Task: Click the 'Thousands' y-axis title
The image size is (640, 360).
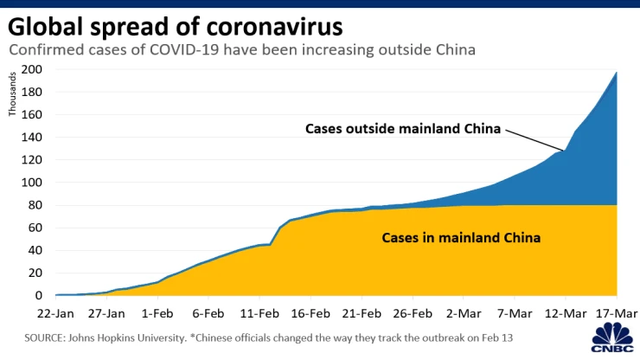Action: tap(12, 98)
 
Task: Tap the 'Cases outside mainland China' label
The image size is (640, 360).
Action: tap(404, 129)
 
